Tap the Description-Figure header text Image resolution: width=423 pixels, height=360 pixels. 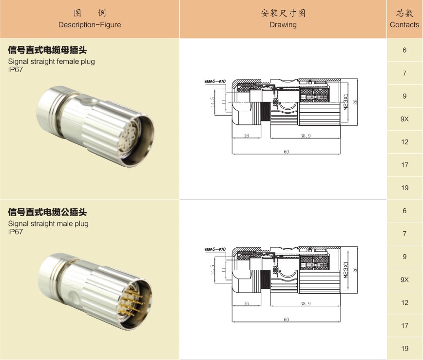point(90,24)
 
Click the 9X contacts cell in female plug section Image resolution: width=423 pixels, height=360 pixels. point(404,119)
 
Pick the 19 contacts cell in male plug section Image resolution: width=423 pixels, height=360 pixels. point(404,348)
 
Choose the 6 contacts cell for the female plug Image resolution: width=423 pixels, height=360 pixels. point(404,50)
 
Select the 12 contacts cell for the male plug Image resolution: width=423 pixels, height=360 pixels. point(404,302)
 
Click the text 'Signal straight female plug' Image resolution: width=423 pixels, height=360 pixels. point(52,61)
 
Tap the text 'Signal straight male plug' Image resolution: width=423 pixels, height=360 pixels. point(48,224)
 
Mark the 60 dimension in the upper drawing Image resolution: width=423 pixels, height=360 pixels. point(286,152)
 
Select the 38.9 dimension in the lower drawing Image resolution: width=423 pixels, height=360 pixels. point(305,303)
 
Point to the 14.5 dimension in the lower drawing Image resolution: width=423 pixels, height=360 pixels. point(212,269)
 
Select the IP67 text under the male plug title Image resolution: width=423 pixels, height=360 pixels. point(16,232)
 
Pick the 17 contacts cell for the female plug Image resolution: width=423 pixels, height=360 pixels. point(404,165)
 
